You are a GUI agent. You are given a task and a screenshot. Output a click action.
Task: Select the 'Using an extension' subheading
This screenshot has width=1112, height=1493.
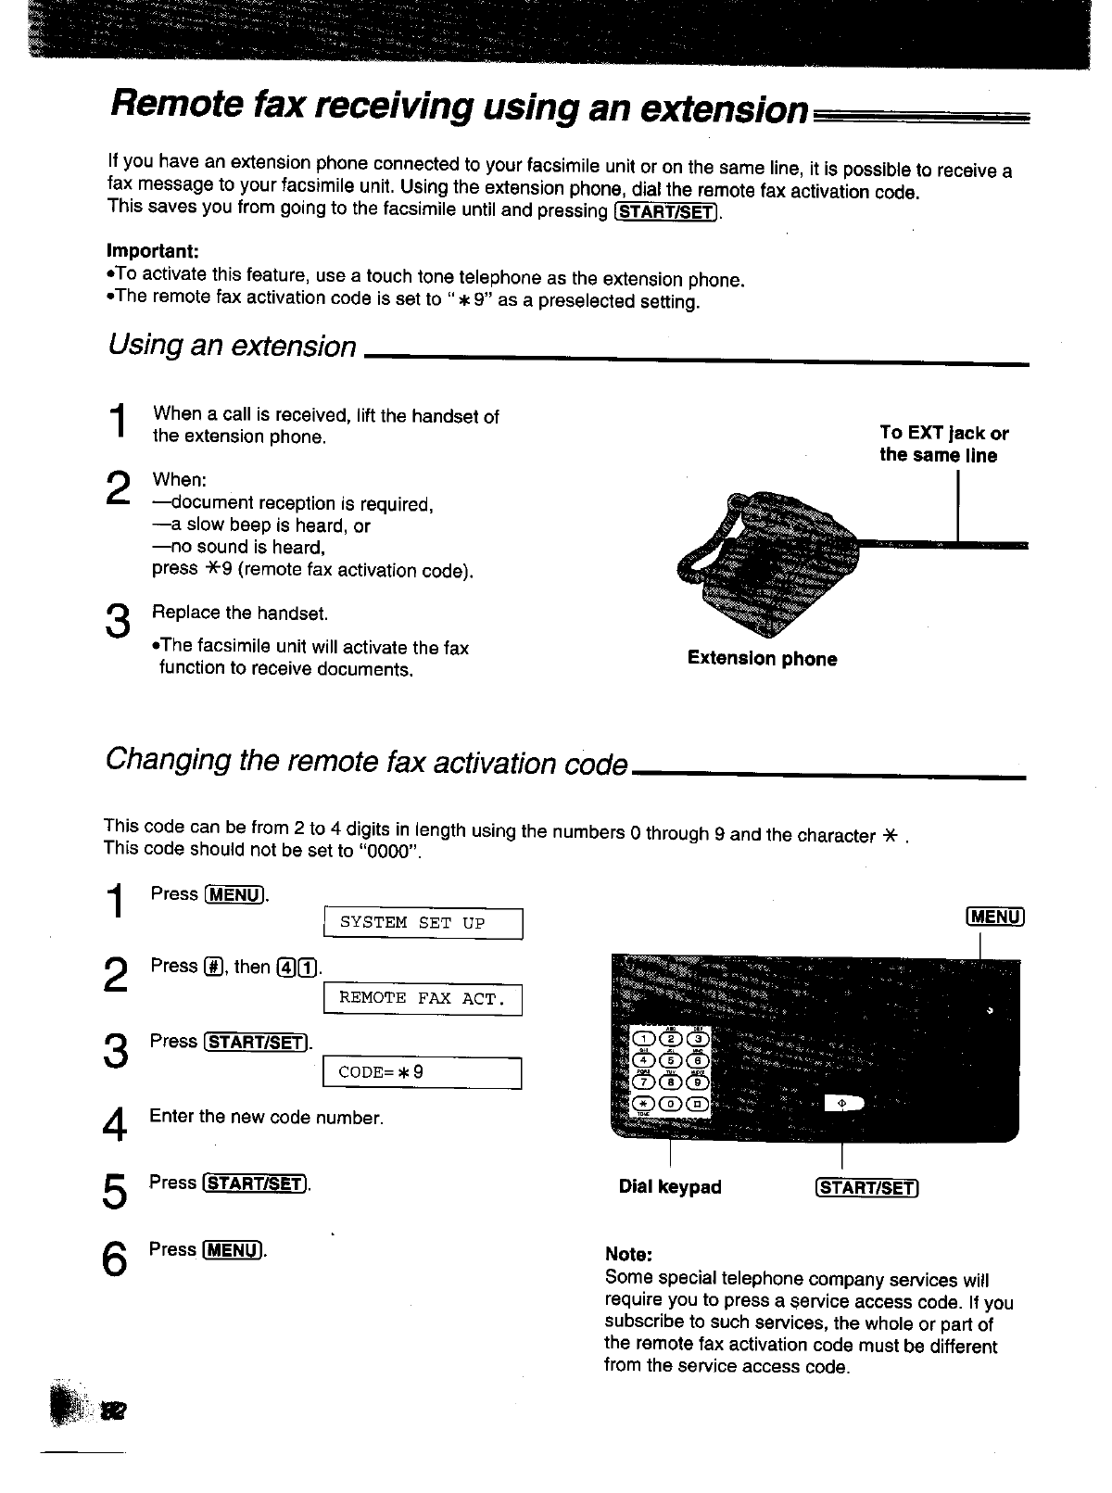point(232,347)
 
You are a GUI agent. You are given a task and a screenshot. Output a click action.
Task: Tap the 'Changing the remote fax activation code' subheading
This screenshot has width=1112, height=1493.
point(367,762)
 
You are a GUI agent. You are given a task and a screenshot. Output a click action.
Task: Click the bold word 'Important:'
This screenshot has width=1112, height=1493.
point(153,251)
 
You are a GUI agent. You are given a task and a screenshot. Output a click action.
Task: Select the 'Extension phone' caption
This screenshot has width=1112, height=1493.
point(762,659)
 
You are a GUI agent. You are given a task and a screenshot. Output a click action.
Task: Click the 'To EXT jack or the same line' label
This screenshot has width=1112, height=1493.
point(943,444)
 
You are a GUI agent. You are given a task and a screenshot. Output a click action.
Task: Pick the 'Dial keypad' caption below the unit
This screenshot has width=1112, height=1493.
point(669,1187)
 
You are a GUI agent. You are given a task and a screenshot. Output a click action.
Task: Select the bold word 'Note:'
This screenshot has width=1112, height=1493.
point(628,1255)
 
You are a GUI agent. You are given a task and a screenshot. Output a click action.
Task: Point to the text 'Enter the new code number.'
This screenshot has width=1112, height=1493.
point(266,1118)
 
